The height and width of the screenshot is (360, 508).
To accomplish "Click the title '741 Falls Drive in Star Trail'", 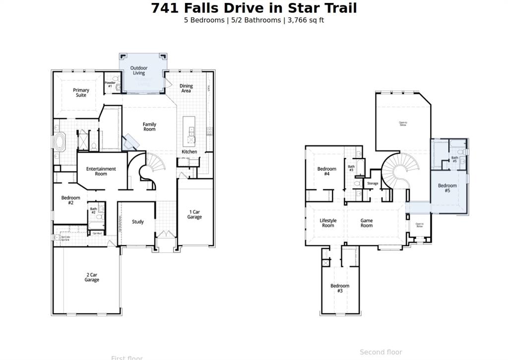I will click(x=254, y=8).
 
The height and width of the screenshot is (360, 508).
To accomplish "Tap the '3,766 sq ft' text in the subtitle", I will click(x=306, y=20).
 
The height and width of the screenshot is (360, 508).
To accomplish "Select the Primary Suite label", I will click(x=81, y=93).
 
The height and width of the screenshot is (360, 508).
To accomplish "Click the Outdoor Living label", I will click(x=139, y=71).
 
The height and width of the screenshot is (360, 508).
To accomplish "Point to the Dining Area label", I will click(x=186, y=88).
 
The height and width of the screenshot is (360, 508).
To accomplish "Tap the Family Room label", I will click(x=149, y=127).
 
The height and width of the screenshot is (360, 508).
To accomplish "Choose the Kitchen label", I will click(x=189, y=152).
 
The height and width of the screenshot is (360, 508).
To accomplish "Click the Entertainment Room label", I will click(x=101, y=171).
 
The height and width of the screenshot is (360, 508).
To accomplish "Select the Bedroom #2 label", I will click(x=70, y=201).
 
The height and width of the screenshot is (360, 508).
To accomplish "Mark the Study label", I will click(x=138, y=222).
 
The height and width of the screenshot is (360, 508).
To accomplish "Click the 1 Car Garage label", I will click(x=194, y=215).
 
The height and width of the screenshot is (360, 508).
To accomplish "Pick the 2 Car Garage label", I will click(x=92, y=277).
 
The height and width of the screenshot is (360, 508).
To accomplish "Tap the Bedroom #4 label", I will click(x=326, y=171).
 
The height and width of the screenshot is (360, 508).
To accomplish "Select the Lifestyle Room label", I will click(x=328, y=223).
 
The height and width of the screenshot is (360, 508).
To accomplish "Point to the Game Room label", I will click(x=366, y=223).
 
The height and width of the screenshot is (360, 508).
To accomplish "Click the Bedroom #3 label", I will click(x=340, y=288).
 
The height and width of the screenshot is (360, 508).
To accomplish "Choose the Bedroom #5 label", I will click(x=447, y=188).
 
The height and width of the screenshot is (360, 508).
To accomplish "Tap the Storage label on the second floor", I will click(x=373, y=184).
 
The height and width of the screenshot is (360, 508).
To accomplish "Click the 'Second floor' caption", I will click(x=381, y=352).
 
